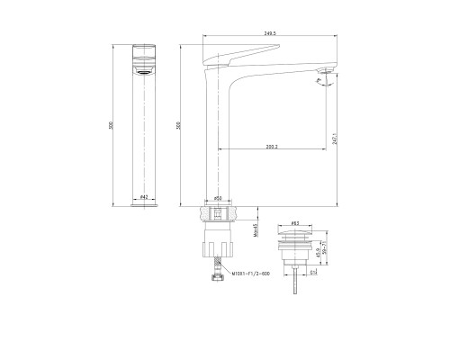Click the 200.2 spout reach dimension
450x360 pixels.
272,146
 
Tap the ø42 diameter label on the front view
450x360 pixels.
145,197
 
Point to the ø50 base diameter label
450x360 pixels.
218,197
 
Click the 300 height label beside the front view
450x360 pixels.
112,126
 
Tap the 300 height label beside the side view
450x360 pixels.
180,126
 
